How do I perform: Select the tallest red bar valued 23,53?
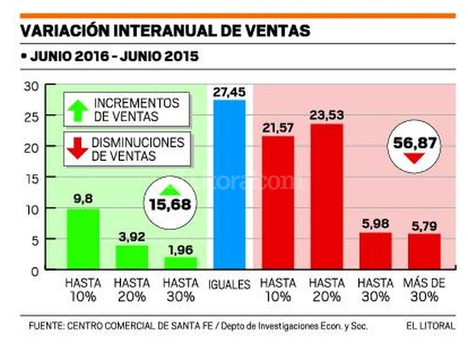click(326, 197)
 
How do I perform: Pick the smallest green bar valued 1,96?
click(181, 263)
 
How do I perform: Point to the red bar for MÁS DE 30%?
click(424, 251)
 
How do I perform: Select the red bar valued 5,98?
click(375, 251)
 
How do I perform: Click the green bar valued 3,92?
click(132, 257)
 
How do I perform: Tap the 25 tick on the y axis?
click(35, 116)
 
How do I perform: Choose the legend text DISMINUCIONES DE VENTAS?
click(138, 149)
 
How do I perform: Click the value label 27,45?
click(229, 92)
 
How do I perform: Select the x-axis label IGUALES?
click(229, 285)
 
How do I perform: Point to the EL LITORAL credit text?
click(431, 326)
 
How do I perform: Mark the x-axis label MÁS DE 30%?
click(424, 290)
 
